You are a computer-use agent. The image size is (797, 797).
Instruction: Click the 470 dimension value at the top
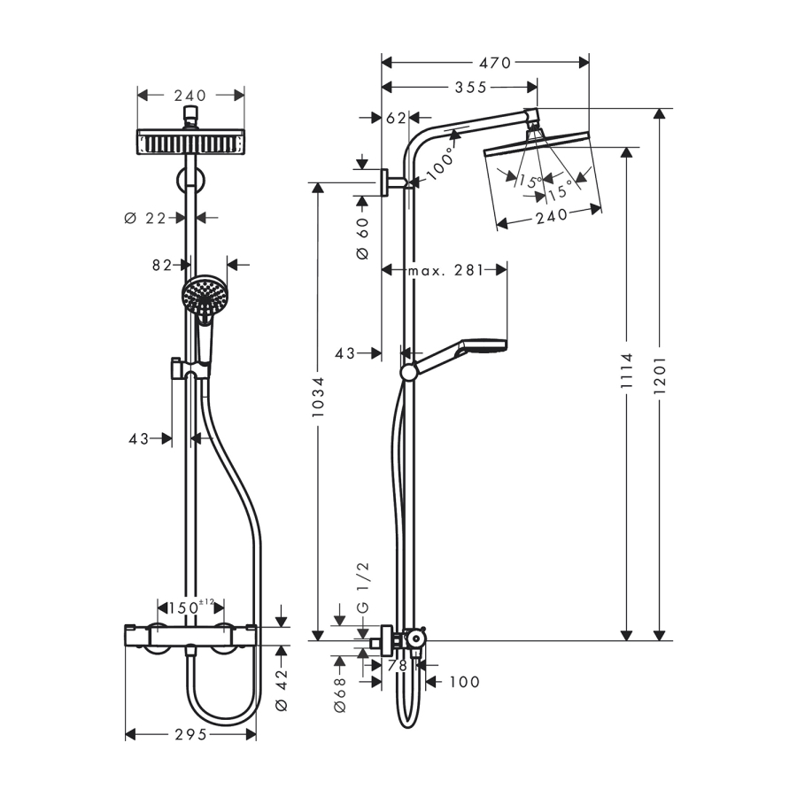coord(494,63)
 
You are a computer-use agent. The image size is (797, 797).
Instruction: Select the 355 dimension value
coord(470,87)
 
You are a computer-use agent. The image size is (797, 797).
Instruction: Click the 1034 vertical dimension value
coord(318,403)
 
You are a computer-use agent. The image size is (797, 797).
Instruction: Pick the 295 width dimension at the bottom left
coord(190,734)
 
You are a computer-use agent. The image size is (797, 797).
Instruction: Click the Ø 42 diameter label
coord(282,691)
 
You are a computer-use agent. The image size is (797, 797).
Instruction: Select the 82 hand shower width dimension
coord(161,264)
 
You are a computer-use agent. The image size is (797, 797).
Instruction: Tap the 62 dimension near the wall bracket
coord(397,118)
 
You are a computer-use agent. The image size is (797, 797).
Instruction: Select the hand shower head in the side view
coord(480,346)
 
